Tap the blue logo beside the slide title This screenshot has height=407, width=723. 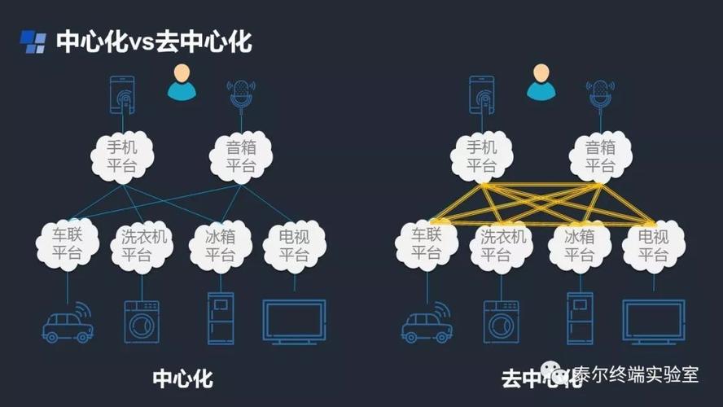33,42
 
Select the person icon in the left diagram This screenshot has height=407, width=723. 182,83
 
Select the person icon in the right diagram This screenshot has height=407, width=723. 541,83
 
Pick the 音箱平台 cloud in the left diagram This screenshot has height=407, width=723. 241,157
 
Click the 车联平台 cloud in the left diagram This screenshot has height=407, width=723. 68,244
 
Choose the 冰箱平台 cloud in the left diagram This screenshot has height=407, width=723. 220,244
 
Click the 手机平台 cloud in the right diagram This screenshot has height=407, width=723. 481,157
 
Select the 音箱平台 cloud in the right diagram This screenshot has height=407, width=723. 600,157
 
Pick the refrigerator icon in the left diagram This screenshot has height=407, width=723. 220,318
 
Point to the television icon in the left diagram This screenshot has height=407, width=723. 294,321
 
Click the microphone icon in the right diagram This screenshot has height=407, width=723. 600,94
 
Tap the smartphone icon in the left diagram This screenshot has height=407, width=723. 122,94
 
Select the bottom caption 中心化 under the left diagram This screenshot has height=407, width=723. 182,379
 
